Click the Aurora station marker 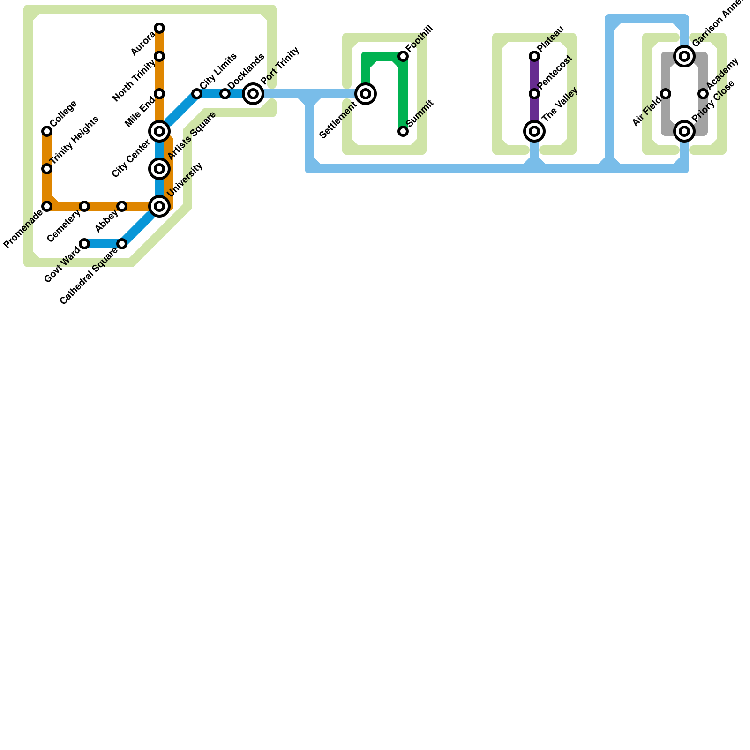click(159, 28)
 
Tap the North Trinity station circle click(159, 56)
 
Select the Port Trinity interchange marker click(253, 94)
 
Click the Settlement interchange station click(366, 94)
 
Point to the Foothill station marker click(403, 56)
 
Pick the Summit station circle click(403, 131)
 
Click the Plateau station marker click(534, 56)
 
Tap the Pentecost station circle click(534, 94)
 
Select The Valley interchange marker click(534, 131)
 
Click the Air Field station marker click(666, 94)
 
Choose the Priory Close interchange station click(684, 131)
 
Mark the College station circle click(47, 131)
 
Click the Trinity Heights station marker click(47, 169)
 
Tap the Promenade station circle click(47, 206)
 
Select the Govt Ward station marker click(84, 244)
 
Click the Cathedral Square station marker click(122, 244)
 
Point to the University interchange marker click(159, 206)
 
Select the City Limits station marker click(197, 94)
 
